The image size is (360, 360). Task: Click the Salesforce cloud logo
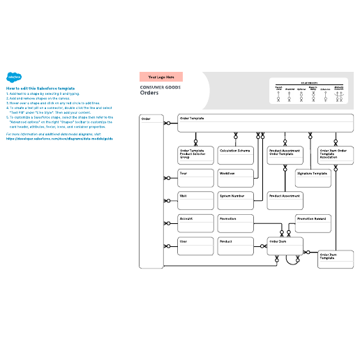click(13, 77)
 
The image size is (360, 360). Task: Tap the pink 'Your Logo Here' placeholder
click(161, 76)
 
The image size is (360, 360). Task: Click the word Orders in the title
click(149, 92)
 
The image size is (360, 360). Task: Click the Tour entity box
click(195, 178)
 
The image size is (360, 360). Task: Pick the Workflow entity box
click(235, 178)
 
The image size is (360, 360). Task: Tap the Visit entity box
click(195, 201)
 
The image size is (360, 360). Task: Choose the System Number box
click(235, 201)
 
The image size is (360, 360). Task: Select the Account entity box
click(195, 223)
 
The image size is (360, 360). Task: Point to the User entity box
click(195, 246)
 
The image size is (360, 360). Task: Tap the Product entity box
click(235, 246)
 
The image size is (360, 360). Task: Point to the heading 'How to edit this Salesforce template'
click(40, 89)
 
